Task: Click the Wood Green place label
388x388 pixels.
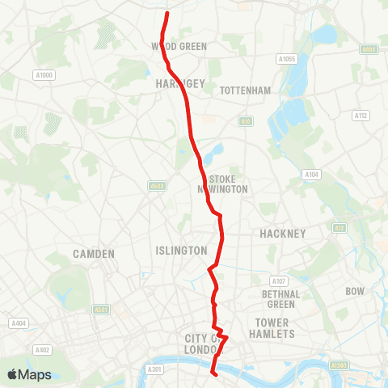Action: tap(179, 47)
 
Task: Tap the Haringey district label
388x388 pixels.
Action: tap(175, 83)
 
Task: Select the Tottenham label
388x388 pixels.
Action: tap(245, 91)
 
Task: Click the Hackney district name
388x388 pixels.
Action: tap(282, 234)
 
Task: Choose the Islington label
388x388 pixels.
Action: tap(181, 251)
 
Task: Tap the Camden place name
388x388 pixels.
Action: tap(94, 254)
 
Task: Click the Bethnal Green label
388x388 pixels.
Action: tap(281, 299)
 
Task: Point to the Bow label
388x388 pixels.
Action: tap(355, 290)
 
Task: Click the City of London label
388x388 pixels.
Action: tap(203, 343)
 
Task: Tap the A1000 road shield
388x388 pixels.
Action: tap(44, 75)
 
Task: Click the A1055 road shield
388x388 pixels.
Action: tap(286, 59)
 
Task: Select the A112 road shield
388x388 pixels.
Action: tap(361, 116)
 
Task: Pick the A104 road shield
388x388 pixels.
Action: tap(310, 174)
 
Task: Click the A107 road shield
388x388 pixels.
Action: tap(279, 280)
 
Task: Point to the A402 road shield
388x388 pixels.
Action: tap(43, 350)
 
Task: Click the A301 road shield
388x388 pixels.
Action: tap(155, 369)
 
